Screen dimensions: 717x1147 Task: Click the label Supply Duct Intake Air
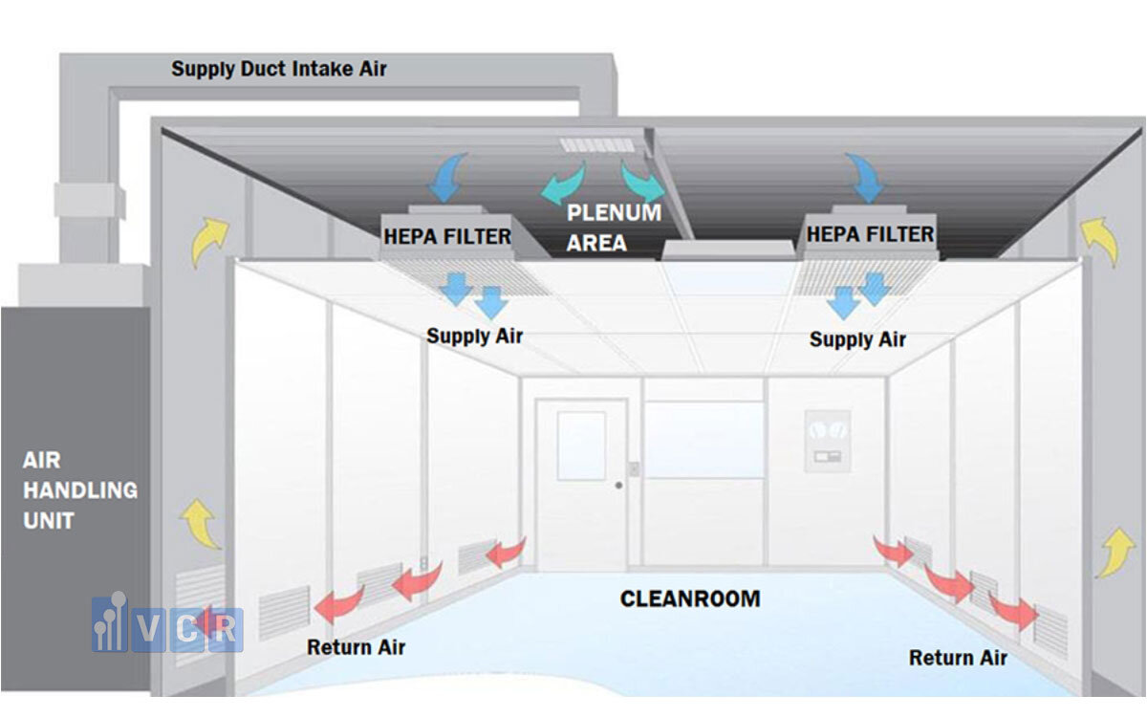tap(279, 69)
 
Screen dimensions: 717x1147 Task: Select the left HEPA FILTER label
tap(446, 235)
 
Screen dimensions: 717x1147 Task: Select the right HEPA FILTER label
tap(870, 232)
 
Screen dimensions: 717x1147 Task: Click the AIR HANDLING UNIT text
tap(79, 490)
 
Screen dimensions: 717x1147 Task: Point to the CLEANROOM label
tap(690, 599)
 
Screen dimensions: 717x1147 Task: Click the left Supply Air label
tap(474, 337)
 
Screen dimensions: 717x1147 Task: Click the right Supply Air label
tap(857, 339)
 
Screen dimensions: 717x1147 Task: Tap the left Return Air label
tap(356, 647)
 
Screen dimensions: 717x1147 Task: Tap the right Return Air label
tap(958, 658)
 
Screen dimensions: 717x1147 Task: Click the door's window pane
tap(581, 445)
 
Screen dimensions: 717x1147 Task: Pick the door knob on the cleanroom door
tap(619, 486)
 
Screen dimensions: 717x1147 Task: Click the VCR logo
tap(167, 626)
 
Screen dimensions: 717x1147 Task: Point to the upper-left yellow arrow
tap(210, 240)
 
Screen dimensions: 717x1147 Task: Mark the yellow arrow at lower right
tap(1115, 552)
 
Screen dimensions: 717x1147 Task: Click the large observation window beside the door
tap(703, 440)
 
